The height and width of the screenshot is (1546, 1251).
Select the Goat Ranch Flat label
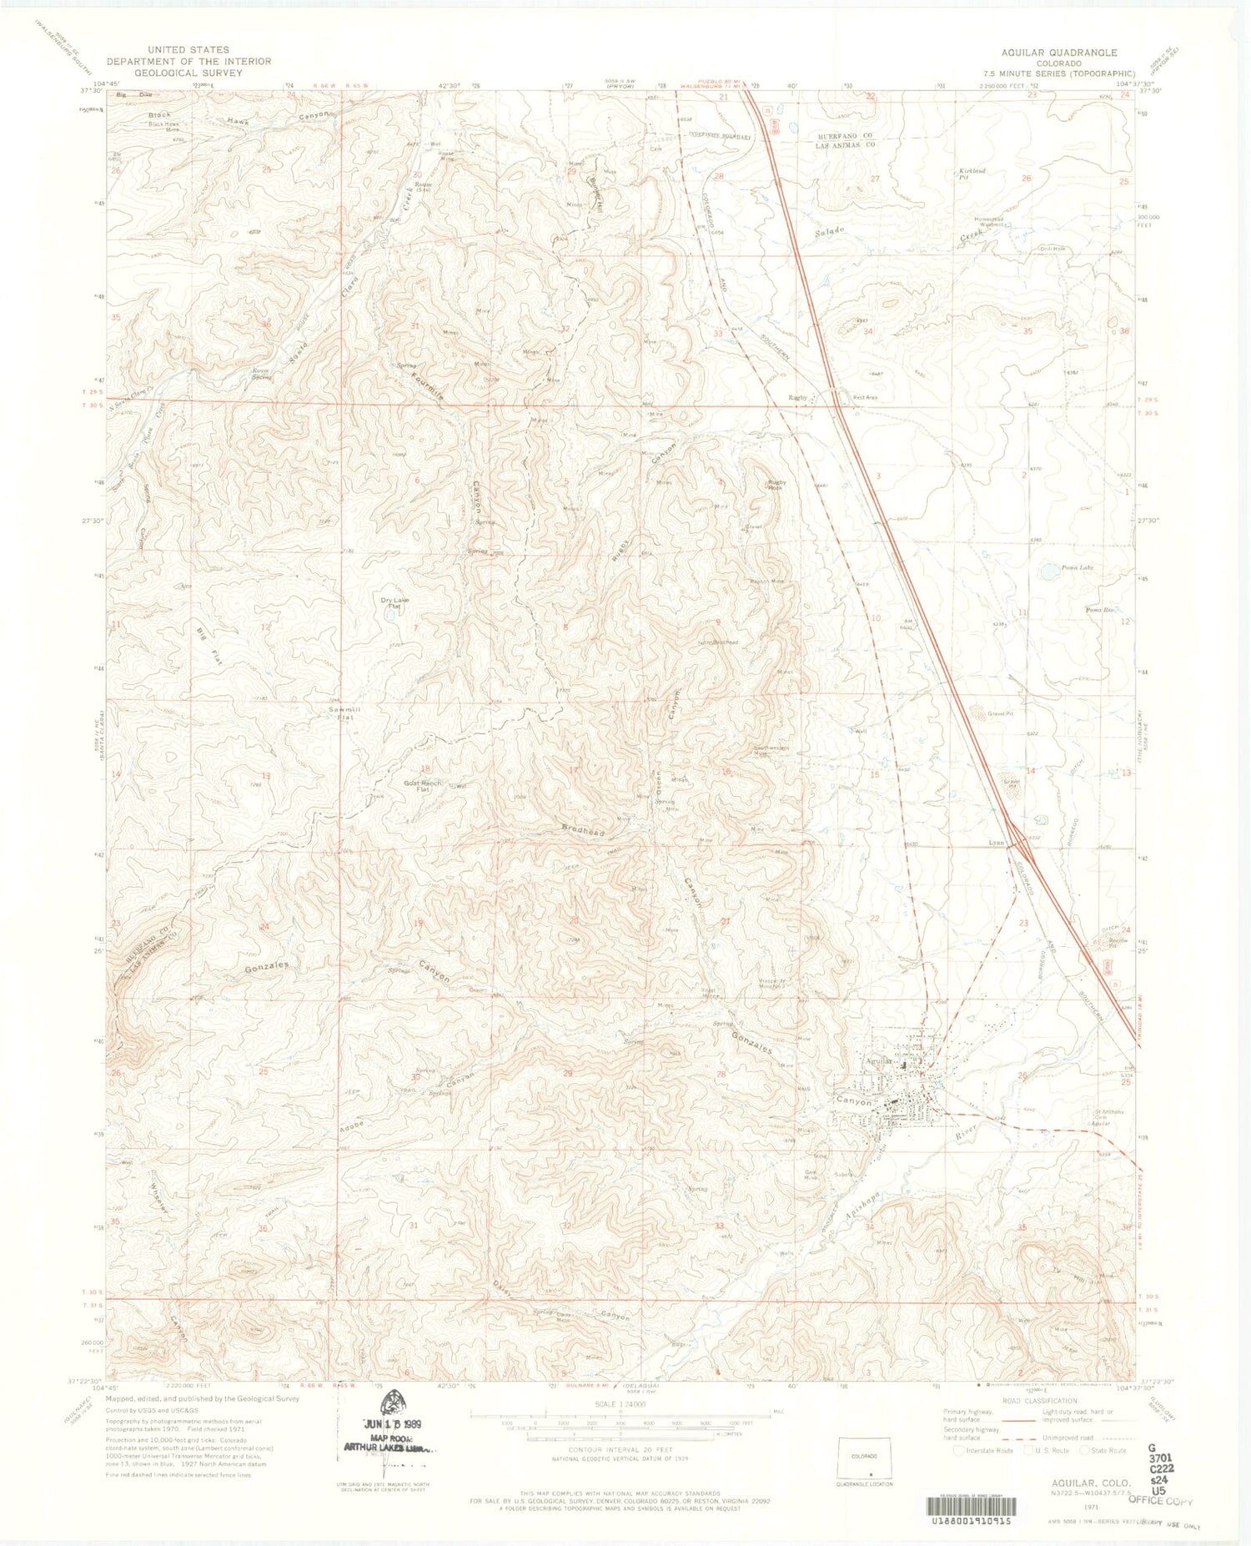point(422,786)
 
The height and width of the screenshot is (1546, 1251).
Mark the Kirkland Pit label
point(972,174)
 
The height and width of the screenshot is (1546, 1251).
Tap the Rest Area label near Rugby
point(865,398)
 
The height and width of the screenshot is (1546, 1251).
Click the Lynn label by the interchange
point(996,843)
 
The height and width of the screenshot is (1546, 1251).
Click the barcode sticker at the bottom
point(968,1504)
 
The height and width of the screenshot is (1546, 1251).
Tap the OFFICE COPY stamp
point(1160,1500)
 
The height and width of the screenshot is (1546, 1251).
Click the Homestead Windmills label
point(993,222)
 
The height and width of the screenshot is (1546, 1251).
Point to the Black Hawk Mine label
point(165,127)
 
